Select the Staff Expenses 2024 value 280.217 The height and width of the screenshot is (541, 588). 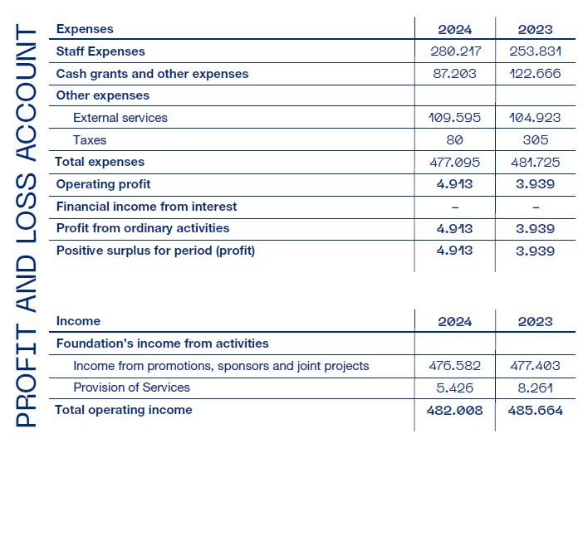[454, 51]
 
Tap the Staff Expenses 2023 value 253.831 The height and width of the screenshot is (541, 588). [535, 51]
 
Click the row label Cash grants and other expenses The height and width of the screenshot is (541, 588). [152, 74]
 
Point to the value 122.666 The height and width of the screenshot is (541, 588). [535, 74]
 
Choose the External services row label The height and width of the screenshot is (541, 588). [120, 118]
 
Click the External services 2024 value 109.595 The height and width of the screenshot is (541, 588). [454, 118]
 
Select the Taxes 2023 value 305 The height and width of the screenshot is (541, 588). [535, 140]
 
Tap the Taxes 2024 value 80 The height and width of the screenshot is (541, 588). [454, 140]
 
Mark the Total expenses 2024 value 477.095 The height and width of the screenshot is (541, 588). [454, 162]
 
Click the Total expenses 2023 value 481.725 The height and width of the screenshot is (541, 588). [535, 162]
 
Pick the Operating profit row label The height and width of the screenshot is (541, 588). [103, 184]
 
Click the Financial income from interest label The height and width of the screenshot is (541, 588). [146, 206]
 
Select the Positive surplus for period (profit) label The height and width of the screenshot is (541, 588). [155, 251]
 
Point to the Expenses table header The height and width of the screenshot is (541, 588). [85, 29]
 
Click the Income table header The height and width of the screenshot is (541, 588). [78, 321]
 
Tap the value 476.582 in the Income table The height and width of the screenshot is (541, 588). [454, 366]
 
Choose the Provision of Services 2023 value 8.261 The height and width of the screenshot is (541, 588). [535, 387]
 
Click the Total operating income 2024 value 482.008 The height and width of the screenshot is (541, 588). [454, 410]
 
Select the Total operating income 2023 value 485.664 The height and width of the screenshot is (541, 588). [535, 410]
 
